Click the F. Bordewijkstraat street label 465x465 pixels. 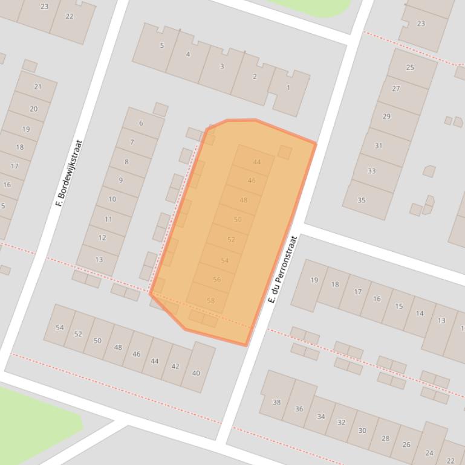69,173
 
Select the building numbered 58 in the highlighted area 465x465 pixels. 210,300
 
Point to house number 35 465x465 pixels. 362,200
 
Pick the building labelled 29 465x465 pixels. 386,117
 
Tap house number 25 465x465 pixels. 410,68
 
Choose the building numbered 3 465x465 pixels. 222,66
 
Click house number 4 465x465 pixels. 188,54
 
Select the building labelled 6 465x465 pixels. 141,123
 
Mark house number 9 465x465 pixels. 121,180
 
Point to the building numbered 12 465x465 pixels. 102,237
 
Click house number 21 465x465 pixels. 37,87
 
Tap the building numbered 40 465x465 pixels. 196,373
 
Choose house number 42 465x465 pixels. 175,366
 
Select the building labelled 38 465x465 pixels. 277,402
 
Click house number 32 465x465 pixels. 341,422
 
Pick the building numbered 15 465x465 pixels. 399,306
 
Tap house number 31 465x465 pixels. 379,146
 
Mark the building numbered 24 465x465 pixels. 429,452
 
